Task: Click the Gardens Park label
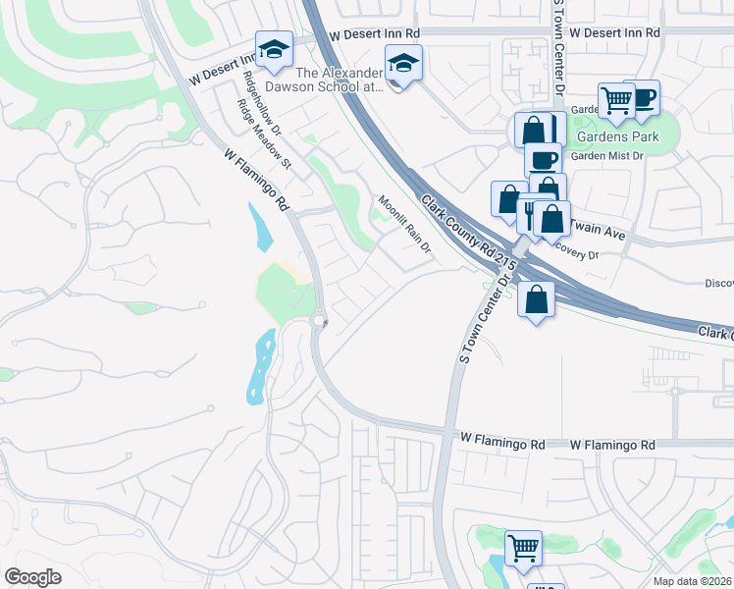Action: (617, 135)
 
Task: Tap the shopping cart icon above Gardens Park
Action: (616, 98)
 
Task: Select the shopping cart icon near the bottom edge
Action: (523, 546)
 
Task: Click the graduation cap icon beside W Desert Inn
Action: (274, 48)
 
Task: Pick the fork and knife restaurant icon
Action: (531, 214)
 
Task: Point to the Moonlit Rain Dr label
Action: (405, 223)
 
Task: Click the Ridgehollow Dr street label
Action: (263, 103)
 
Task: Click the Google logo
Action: (32, 576)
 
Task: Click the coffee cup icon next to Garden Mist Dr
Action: (542, 158)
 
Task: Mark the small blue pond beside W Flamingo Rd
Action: (261, 227)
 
